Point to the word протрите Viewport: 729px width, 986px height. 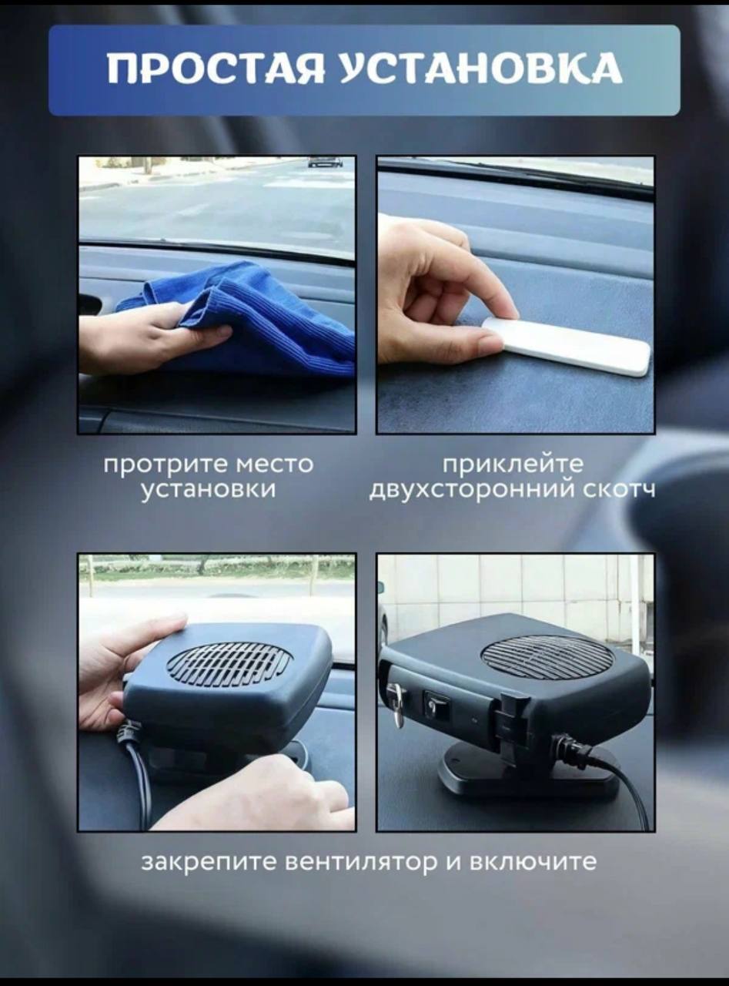click(166, 465)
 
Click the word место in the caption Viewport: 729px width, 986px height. click(274, 465)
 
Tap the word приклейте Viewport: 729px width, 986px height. click(513, 465)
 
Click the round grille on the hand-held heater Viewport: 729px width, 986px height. click(229, 663)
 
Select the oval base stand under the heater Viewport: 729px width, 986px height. click(528, 770)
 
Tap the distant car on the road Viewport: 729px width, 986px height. click(326, 163)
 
